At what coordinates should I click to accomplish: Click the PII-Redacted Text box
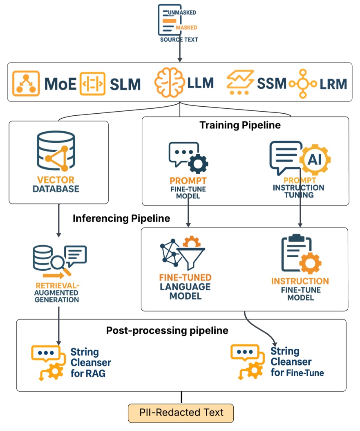point(181,412)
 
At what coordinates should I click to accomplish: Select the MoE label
point(60,84)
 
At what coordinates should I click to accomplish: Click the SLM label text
point(125,84)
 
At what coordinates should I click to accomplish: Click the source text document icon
point(170,20)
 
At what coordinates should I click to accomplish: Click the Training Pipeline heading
point(240,125)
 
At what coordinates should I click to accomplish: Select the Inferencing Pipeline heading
point(121,218)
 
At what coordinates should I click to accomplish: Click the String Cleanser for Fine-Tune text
point(297,362)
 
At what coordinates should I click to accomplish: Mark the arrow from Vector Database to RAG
point(58,221)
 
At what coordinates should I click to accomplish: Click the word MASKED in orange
point(186,27)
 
